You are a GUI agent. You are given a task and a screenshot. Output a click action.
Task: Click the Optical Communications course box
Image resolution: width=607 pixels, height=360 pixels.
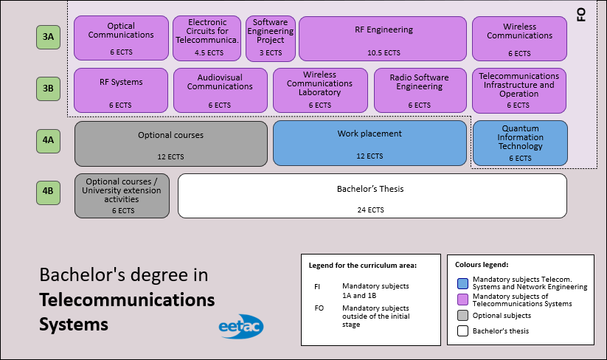(x=120, y=38)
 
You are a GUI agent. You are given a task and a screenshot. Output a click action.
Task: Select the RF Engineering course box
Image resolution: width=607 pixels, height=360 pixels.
(x=383, y=38)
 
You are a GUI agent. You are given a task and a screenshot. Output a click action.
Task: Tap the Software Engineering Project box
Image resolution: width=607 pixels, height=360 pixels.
(x=270, y=38)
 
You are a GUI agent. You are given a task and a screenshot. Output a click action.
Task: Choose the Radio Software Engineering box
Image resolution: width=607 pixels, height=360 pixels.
(x=419, y=90)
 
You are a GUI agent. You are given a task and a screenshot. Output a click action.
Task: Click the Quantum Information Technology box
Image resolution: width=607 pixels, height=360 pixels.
(x=520, y=142)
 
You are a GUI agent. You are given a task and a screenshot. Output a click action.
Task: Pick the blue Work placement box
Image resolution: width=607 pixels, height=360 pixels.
(x=370, y=143)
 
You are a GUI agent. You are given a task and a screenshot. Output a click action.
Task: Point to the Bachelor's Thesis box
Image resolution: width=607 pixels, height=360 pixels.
(x=372, y=195)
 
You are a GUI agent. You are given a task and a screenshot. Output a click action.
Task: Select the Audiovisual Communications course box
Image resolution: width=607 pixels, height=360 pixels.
(x=220, y=90)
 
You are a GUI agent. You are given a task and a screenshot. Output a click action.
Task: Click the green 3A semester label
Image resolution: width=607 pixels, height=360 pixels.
(x=48, y=37)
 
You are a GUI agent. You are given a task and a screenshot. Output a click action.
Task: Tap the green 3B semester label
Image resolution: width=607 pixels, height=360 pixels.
(x=48, y=89)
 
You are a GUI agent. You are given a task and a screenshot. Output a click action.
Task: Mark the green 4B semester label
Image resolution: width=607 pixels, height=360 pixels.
(x=48, y=193)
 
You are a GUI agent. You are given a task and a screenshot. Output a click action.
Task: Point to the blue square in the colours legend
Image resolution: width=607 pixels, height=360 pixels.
(x=462, y=283)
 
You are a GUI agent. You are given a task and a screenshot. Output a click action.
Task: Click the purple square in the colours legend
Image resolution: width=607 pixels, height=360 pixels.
(x=462, y=300)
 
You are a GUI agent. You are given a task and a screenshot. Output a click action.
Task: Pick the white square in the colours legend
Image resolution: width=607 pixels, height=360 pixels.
(x=462, y=331)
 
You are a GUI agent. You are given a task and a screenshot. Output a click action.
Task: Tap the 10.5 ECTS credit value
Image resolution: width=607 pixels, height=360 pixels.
(x=383, y=53)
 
